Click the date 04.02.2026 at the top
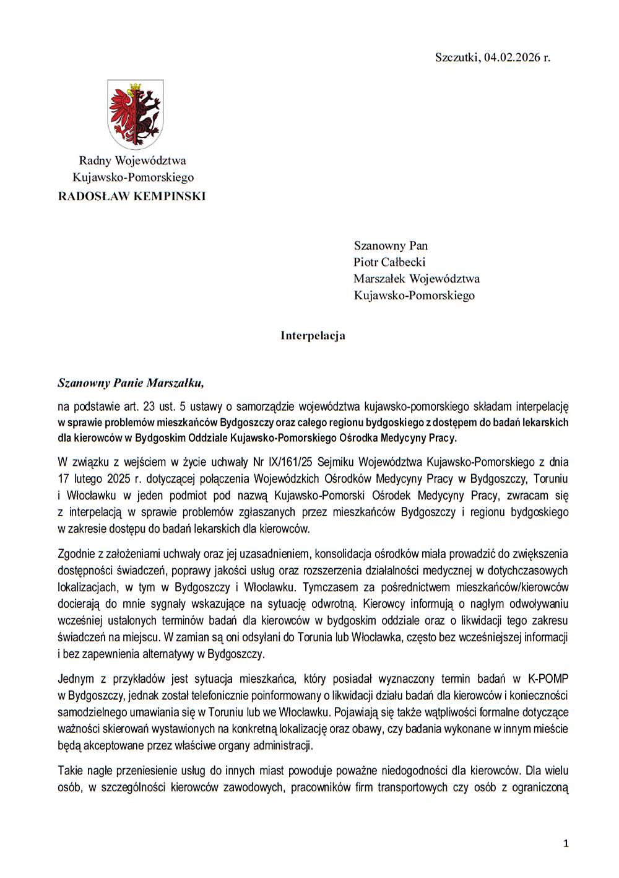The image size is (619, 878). click(x=512, y=58)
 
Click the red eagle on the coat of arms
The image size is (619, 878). click(x=123, y=112)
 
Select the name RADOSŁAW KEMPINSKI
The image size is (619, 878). click(x=132, y=196)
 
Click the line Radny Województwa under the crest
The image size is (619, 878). click(x=132, y=160)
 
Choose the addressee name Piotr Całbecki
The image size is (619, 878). click(x=389, y=262)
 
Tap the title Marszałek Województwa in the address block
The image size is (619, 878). click(x=417, y=279)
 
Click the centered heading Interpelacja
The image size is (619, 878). click(x=313, y=336)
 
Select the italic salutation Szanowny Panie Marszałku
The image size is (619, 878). click(x=131, y=383)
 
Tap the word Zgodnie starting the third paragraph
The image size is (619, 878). click(x=76, y=554)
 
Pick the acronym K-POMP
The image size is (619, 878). click(x=548, y=679)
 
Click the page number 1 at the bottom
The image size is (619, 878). click(x=566, y=843)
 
